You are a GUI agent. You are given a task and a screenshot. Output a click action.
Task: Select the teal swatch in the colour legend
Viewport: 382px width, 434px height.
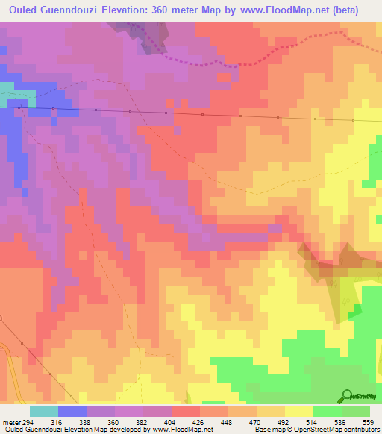tap(44, 411)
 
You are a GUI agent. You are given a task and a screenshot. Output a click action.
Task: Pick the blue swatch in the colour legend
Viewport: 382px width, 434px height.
tap(72, 411)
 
